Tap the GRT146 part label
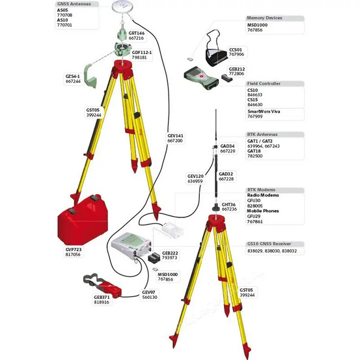pyautogui.click(x=137, y=33)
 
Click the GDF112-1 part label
pyautogui.click(x=141, y=51)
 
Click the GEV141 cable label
pyautogui.click(x=175, y=135)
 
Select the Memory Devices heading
pyautogui.click(x=264, y=18)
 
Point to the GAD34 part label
pyautogui.click(x=227, y=146)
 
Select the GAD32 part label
pyautogui.click(x=226, y=174)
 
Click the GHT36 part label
pyautogui.click(x=229, y=204)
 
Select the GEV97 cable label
pyautogui.click(x=149, y=292)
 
